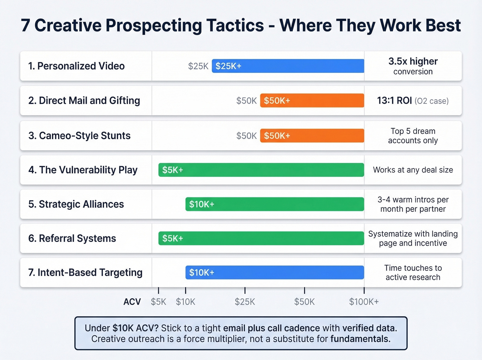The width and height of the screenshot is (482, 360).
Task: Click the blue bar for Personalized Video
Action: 288,66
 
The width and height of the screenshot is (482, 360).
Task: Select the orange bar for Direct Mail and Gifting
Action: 312,101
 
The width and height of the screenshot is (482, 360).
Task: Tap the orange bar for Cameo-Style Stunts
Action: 312,135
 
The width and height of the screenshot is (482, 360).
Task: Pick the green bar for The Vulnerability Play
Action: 261,170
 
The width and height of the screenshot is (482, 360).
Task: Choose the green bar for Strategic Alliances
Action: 274,204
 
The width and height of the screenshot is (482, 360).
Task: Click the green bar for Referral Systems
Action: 261,238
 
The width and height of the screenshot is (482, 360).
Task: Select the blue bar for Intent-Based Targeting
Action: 274,272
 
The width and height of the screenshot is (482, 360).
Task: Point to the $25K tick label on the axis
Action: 245,302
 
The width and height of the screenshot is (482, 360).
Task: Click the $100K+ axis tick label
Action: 364,302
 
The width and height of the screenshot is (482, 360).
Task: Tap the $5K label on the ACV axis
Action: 158,302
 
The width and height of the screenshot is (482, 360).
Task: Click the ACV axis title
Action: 132,302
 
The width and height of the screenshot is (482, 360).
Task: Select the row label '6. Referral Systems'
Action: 72,238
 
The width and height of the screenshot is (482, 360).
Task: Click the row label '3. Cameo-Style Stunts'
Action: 79,136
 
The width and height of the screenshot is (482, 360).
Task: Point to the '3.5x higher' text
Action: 413,61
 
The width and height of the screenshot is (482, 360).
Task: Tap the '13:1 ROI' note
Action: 395,101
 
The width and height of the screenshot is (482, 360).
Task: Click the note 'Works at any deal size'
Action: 413,170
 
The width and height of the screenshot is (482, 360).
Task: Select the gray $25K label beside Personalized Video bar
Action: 198,66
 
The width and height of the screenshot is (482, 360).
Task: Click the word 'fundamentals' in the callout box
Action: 360,339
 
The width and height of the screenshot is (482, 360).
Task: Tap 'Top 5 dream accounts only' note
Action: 413,136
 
